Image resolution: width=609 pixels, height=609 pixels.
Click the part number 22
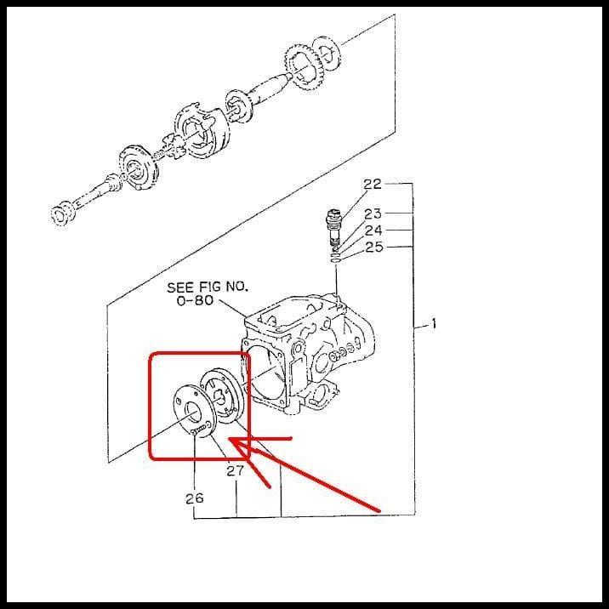point(373,184)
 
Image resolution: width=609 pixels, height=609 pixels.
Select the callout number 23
point(373,214)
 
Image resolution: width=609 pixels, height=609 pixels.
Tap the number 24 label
point(373,231)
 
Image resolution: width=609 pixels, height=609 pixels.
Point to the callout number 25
point(373,247)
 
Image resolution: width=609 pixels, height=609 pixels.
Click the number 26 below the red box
point(195,498)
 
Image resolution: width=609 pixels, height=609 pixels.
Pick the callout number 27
point(236,470)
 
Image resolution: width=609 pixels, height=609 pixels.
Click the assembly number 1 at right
point(434,323)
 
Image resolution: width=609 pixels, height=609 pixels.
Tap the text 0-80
point(194,301)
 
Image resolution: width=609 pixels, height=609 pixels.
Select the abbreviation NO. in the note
point(236,287)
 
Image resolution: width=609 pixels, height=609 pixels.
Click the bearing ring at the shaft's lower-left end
point(62,213)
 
